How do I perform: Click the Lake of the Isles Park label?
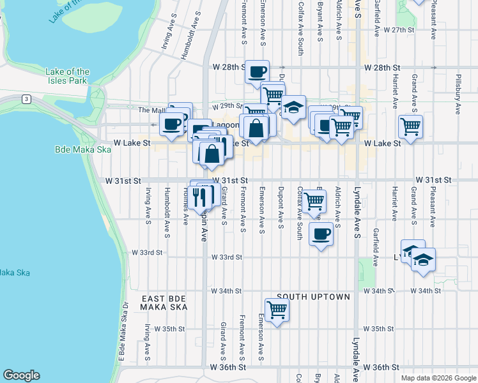point(67,77)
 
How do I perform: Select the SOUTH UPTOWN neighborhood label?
point(313,297)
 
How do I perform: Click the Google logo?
point(21,375)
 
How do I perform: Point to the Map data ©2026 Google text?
point(438,378)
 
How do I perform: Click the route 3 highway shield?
point(26,99)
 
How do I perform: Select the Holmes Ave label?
point(186,211)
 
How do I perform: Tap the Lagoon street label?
point(225,125)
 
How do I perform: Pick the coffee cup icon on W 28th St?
point(258,71)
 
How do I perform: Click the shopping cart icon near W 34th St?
point(277,310)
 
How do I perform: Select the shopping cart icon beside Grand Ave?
point(410,126)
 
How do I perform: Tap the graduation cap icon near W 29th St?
point(293,107)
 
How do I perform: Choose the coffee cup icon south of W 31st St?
point(321,233)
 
